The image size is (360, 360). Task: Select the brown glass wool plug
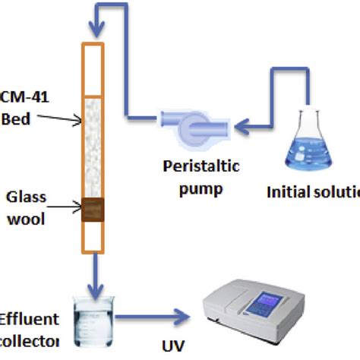point(93,210)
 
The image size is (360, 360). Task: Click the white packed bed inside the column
point(93,144)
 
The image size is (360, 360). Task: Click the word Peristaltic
point(196,166)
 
